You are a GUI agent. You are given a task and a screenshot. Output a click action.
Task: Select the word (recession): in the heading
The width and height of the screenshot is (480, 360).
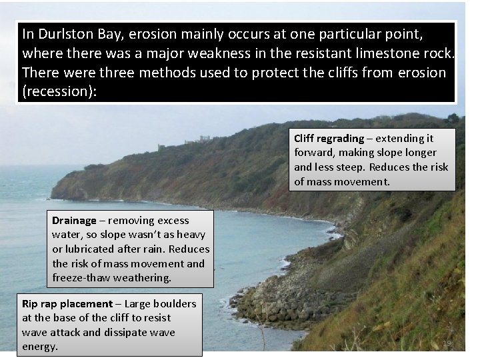pyautogui.click(x=60, y=91)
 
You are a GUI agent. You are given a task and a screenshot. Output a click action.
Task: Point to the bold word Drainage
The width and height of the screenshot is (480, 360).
pyautogui.click(x=74, y=221)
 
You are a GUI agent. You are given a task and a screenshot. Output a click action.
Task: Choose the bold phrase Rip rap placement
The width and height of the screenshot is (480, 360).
pyautogui.click(x=67, y=304)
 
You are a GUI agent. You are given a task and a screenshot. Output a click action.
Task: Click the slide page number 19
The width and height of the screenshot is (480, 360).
pyautogui.click(x=447, y=343)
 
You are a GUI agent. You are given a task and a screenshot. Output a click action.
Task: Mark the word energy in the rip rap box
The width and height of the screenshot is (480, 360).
pyautogui.click(x=39, y=346)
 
